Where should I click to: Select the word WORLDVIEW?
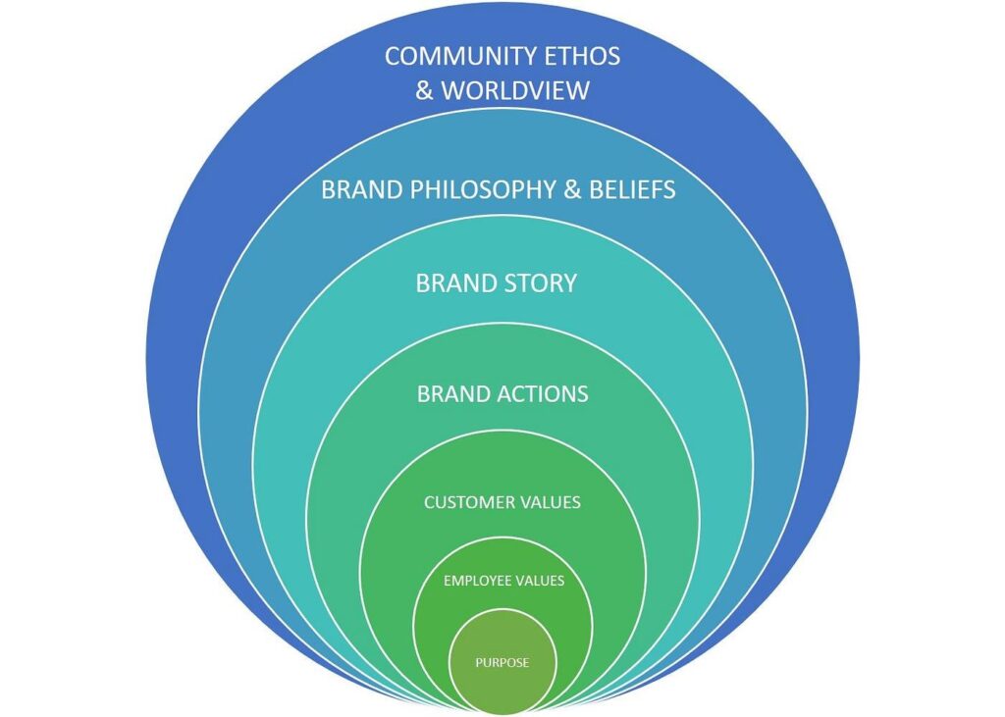coord(515,91)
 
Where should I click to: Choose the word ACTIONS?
coord(543,394)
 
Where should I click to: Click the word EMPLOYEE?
coord(476,581)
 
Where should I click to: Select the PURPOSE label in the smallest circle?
coord(502,662)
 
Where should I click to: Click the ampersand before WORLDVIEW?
coord(424,91)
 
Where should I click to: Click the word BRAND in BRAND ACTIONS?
coord(453,394)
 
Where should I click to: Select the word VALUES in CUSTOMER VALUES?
coord(550,502)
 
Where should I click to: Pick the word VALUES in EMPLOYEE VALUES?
coord(539,581)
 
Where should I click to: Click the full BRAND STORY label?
coord(497,283)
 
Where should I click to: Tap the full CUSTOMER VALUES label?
coord(502,502)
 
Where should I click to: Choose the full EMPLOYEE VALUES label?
coord(504,581)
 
